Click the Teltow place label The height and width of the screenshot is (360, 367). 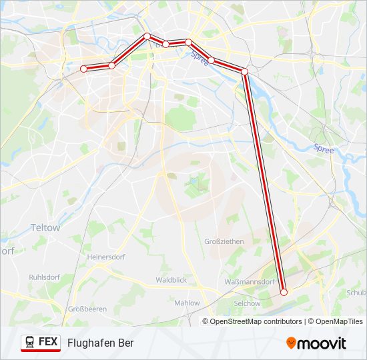point(45,227)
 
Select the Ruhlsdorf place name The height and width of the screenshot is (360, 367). point(45,277)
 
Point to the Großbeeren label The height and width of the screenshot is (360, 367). point(87,309)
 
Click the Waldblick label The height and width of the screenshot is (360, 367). point(171,280)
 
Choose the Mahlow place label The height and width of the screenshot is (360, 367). point(187,303)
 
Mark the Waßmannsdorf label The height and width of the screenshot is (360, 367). point(250,282)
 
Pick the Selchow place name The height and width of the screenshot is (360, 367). point(247,303)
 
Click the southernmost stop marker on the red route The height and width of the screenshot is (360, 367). point(284,292)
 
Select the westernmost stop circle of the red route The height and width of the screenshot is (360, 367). point(83,69)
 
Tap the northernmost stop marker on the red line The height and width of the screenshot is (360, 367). point(147,36)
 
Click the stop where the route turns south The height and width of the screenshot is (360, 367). point(245,71)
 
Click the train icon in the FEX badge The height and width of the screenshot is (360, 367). point(30,342)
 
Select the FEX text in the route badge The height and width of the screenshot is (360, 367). point(48,342)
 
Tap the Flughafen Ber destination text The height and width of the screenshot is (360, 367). point(100,343)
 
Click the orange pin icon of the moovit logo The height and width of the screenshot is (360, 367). point(292,343)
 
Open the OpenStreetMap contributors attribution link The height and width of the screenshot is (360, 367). point(256,321)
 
